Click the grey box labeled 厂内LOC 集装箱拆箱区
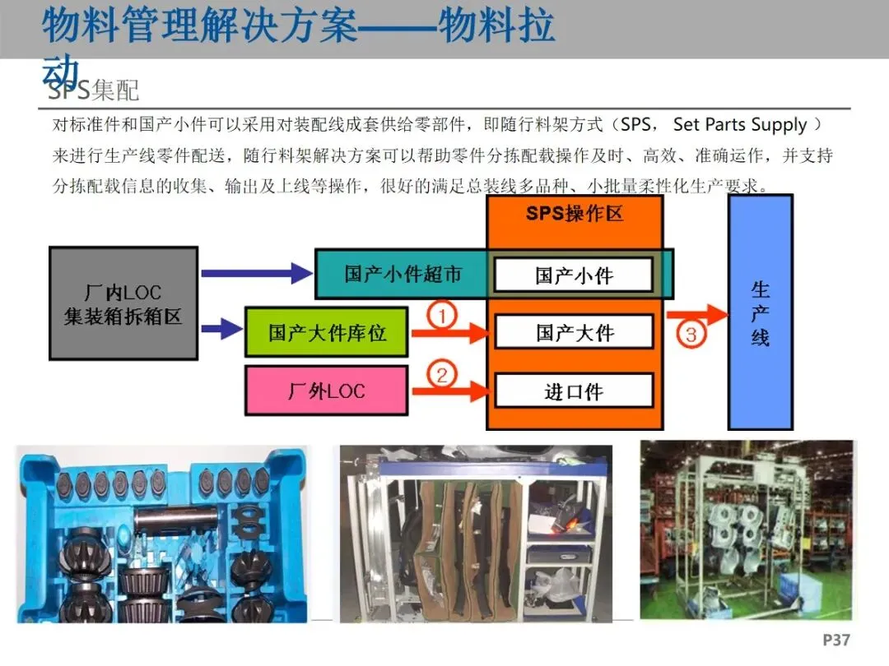[x=123, y=303]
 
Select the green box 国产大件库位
[x=327, y=332]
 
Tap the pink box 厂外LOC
[x=327, y=391]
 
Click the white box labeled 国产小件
[x=574, y=275]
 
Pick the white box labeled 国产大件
[x=574, y=332]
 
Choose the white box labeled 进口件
[x=574, y=391]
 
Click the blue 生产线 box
[x=760, y=312]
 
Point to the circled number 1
[x=443, y=315]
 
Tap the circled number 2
[x=443, y=375]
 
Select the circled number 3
[x=691, y=335]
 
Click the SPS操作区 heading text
[x=575, y=214]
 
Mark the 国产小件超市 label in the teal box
[x=403, y=274]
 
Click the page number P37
[x=835, y=640]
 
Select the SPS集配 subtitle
[x=93, y=90]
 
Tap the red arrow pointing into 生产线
[x=696, y=315]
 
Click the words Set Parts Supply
[x=739, y=125]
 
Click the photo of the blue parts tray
[x=161, y=534]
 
